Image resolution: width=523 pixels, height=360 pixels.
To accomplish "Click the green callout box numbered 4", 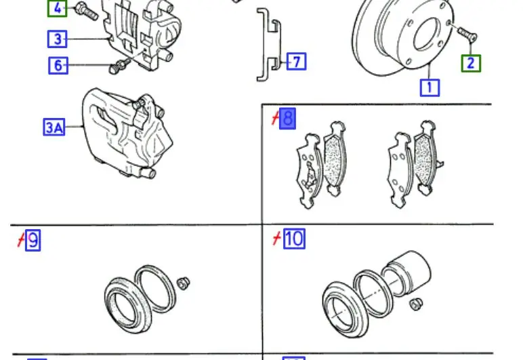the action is [57, 8].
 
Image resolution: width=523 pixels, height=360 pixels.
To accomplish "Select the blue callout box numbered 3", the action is [58, 39].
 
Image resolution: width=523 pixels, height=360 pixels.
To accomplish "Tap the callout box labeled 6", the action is [58, 65].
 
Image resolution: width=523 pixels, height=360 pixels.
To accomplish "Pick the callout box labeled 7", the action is [296, 62].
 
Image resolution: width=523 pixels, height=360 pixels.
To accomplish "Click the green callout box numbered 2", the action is [471, 64].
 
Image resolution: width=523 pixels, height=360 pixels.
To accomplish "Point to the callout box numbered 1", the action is [430, 87].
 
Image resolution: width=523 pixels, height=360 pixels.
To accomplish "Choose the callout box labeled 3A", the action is [54, 127].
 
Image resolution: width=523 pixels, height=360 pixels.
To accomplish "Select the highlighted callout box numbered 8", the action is [287, 119].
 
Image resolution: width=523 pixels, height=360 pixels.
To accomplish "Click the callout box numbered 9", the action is [33, 240].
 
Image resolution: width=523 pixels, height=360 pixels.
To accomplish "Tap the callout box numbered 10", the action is [294, 239].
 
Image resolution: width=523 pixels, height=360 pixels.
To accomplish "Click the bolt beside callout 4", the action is [87, 11].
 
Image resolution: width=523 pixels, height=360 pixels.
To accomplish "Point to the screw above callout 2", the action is [467, 34].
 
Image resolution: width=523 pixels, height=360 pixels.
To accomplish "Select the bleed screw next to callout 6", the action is [119, 66].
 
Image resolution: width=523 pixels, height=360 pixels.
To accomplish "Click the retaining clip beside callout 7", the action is [268, 45].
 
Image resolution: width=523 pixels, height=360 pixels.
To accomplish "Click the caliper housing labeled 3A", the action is [127, 132].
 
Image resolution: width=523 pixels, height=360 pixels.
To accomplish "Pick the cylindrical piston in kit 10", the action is [407, 273].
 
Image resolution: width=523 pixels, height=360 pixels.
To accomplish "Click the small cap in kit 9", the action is [183, 283].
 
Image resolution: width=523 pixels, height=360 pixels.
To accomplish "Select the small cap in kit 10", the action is [416, 304].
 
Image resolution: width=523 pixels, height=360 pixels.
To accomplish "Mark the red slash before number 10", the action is [276, 239].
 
